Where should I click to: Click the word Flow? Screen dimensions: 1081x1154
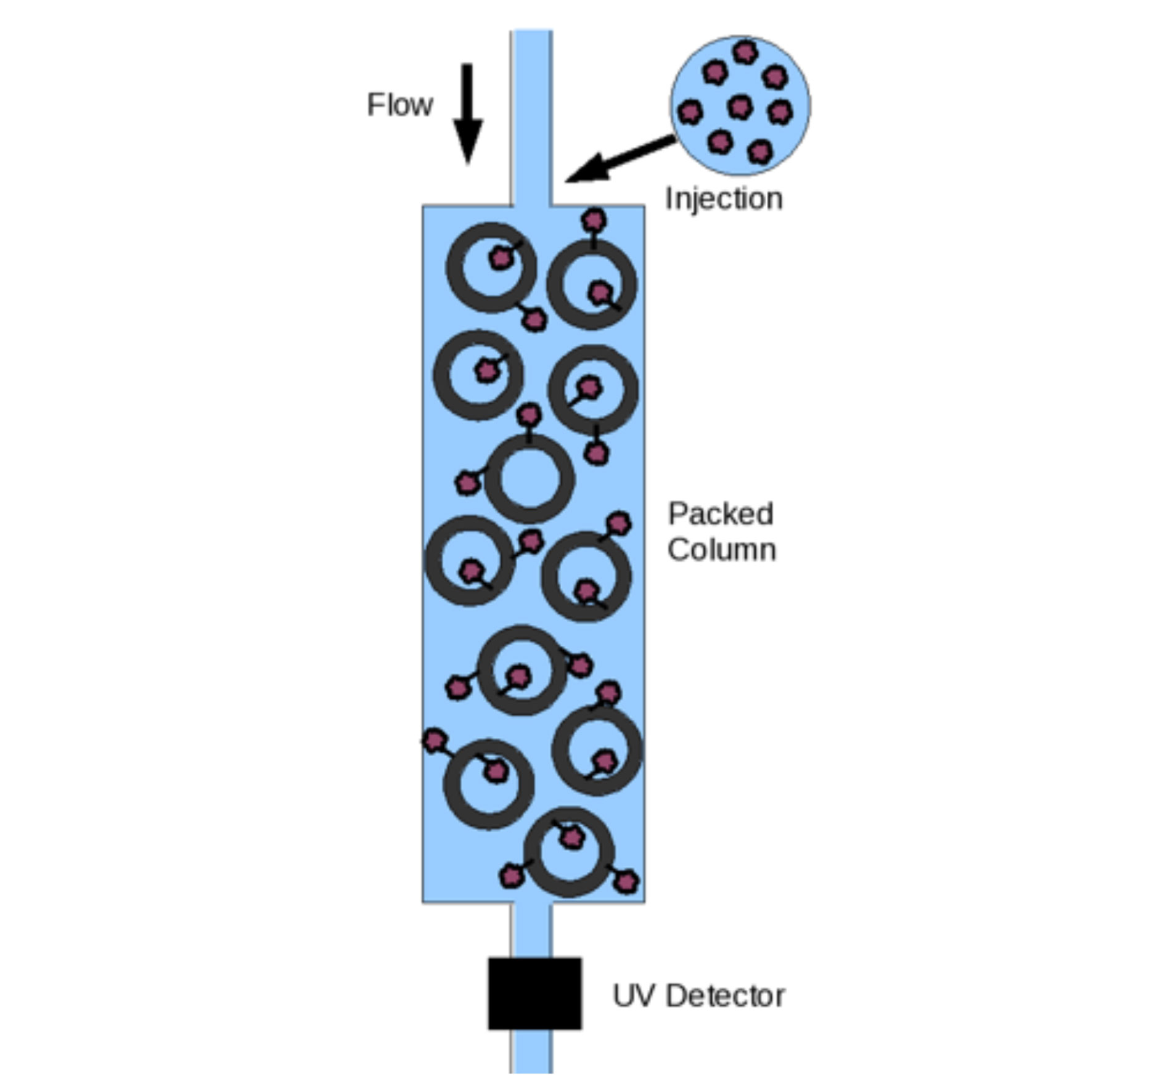coord(399,105)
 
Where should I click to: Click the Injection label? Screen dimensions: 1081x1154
coord(724,199)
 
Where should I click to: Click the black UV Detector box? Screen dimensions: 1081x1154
coord(534,993)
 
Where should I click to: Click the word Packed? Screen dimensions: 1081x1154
coord(721,514)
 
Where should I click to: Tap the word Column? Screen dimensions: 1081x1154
coord(721,550)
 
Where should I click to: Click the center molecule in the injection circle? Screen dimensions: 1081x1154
coord(740,107)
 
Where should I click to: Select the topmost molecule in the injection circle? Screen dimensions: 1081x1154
coord(745,52)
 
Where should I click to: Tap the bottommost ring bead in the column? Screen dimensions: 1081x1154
coord(568,852)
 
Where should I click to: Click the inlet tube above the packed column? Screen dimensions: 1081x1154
coord(531,117)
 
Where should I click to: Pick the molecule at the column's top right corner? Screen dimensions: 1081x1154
coord(594,219)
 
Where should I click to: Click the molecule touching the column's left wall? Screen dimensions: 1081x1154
coord(435,740)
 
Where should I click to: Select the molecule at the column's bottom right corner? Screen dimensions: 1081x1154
coord(626,882)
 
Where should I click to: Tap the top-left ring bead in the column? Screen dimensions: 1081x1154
coord(491,267)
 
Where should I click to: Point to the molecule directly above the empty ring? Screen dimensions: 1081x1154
coord(529,415)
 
